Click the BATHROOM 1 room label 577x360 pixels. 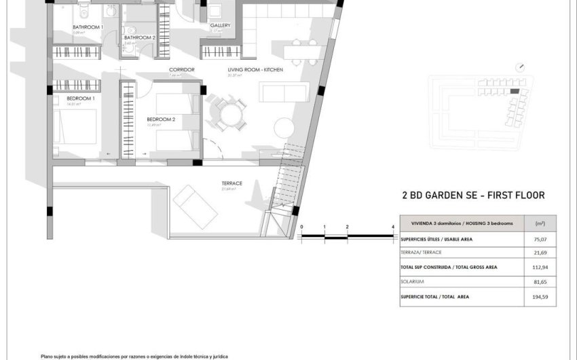pyautogui.click(x=88, y=27)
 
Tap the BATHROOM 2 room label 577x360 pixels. pyautogui.click(x=140, y=38)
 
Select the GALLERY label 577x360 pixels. pyautogui.click(x=220, y=26)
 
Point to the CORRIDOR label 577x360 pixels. pyautogui.click(x=182, y=70)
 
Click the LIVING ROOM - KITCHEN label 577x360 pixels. pyautogui.click(x=255, y=70)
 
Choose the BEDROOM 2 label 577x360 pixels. pyautogui.click(x=161, y=120)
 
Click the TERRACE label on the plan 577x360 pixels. pyautogui.click(x=232, y=183)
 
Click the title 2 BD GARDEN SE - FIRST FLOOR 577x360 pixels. pyautogui.click(x=474, y=196)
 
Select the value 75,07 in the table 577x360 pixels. pyautogui.click(x=540, y=238)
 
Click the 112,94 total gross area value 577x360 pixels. pyautogui.click(x=540, y=267)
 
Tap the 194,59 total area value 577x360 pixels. pyautogui.click(x=540, y=296)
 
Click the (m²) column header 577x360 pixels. pyautogui.click(x=540, y=223)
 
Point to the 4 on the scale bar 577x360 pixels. pyautogui.click(x=393, y=227)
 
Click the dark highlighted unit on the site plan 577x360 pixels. pyautogui.click(x=514, y=90)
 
